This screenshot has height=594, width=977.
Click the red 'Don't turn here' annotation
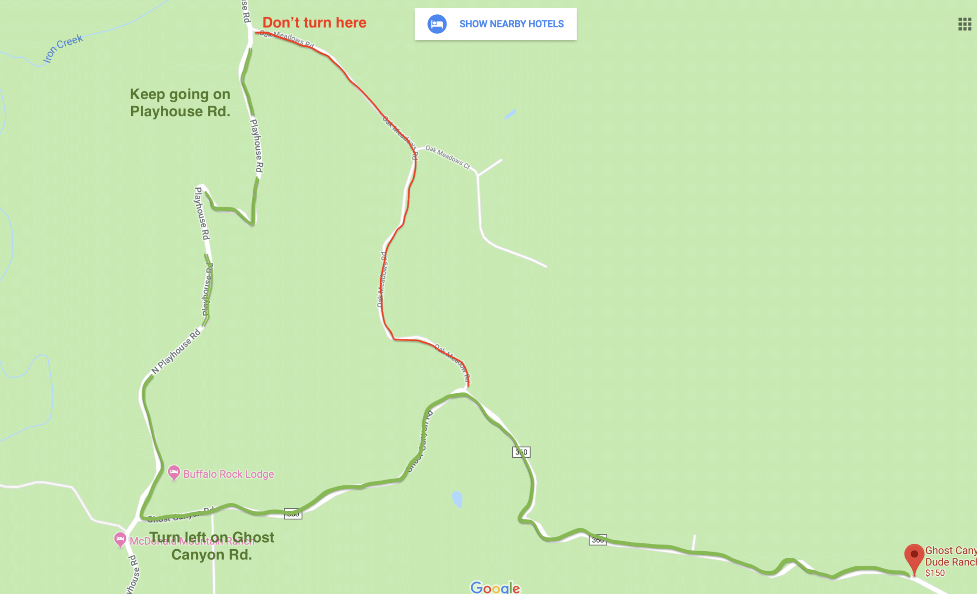coord(314,22)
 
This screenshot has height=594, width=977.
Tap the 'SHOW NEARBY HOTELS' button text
coord(511,24)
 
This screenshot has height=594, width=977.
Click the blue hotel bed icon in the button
coord(437,24)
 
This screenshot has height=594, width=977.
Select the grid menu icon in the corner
coord(965,24)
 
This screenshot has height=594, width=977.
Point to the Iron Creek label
coord(62,48)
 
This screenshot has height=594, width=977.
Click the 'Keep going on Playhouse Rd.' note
coord(180,102)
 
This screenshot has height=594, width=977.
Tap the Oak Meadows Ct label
coord(447,156)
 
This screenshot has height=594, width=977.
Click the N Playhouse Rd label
coord(176,351)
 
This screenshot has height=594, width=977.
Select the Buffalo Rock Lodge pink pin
coord(174,472)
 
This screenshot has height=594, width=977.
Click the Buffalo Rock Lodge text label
coord(229,474)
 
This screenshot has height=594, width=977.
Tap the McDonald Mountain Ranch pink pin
coord(120,539)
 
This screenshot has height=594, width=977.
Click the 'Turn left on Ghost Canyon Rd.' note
coord(211,546)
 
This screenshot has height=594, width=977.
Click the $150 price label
coord(935,573)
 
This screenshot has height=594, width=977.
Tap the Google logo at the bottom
coord(495,587)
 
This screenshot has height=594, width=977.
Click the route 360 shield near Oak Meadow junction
coord(521,452)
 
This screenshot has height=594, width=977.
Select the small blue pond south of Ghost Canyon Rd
coord(457,499)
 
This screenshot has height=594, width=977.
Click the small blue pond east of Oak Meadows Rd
coord(510,114)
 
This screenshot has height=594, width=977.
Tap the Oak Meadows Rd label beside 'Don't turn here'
coord(287,38)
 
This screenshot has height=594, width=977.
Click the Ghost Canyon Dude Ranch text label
coord(950,556)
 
